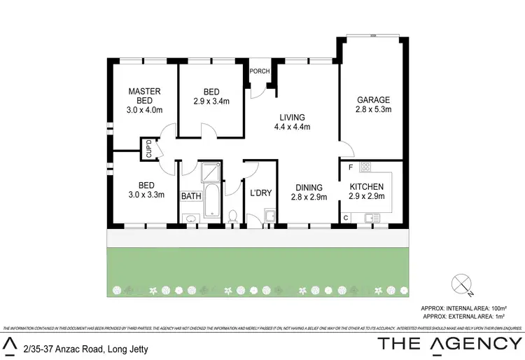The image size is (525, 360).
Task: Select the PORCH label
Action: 260,71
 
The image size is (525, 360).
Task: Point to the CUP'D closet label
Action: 148,149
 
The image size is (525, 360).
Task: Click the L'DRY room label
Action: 251,191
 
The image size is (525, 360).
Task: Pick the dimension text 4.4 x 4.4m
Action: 292,127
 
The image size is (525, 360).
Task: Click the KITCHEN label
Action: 367,187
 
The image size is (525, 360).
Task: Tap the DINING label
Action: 309,188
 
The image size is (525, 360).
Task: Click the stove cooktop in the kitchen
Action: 365,168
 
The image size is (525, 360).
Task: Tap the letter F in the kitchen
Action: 350,167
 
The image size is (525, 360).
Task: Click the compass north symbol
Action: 461,283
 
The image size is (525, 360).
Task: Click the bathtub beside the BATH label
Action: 212,201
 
